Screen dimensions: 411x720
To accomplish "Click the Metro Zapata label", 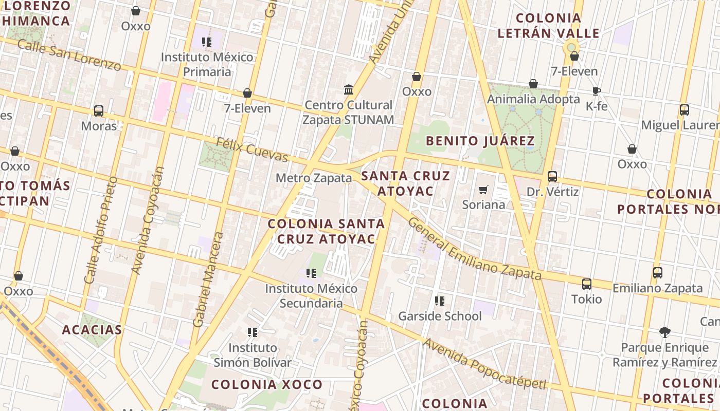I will pyautogui.click(x=314, y=178).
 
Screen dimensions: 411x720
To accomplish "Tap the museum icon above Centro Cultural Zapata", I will pyautogui.click(x=349, y=90).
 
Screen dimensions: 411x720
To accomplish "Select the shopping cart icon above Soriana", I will pyautogui.click(x=483, y=190).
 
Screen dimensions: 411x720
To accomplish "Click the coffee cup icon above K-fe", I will pyautogui.click(x=597, y=91).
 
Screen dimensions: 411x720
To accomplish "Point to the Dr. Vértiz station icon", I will pyautogui.click(x=552, y=177).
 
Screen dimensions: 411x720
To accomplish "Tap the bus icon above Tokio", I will pyautogui.click(x=587, y=284).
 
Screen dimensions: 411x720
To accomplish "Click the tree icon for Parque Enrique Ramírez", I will pyautogui.click(x=665, y=332).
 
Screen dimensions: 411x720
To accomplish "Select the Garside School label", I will pyautogui.click(x=440, y=316).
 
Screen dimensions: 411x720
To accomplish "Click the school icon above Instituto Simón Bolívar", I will pyautogui.click(x=252, y=332).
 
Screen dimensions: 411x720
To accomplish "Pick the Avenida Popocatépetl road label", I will pyautogui.click(x=483, y=363).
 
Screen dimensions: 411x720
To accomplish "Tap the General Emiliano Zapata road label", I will pyautogui.click(x=474, y=249).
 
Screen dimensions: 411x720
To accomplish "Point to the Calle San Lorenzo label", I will pyautogui.click(x=69, y=54).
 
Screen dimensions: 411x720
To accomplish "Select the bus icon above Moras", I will pyautogui.click(x=99, y=111).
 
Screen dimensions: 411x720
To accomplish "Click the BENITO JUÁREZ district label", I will pyautogui.click(x=480, y=141).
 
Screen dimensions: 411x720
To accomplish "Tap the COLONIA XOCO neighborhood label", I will pyautogui.click(x=266, y=384).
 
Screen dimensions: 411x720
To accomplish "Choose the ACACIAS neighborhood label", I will pyautogui.click(x=92, y=330).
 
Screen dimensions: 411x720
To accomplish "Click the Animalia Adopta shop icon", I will pyautogui.click(x=533, y=84).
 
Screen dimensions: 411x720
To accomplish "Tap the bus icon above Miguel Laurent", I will pyautogui.click(x=684, y=110).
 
